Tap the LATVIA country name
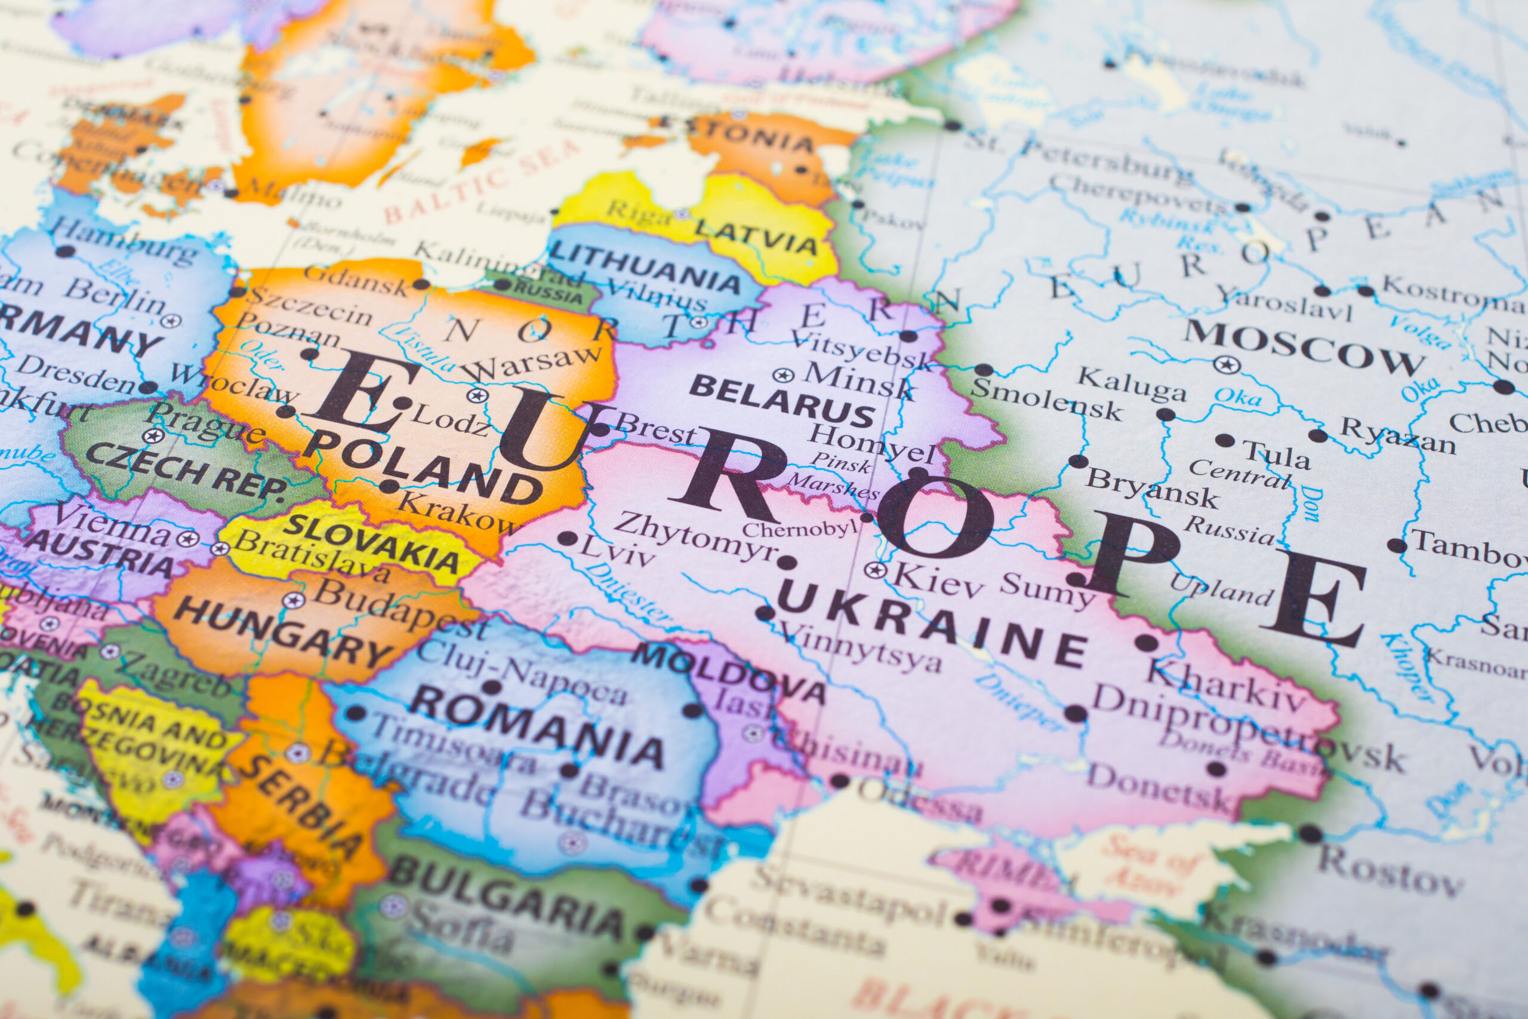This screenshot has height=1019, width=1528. pyautogui.click(x=756, y=237)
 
